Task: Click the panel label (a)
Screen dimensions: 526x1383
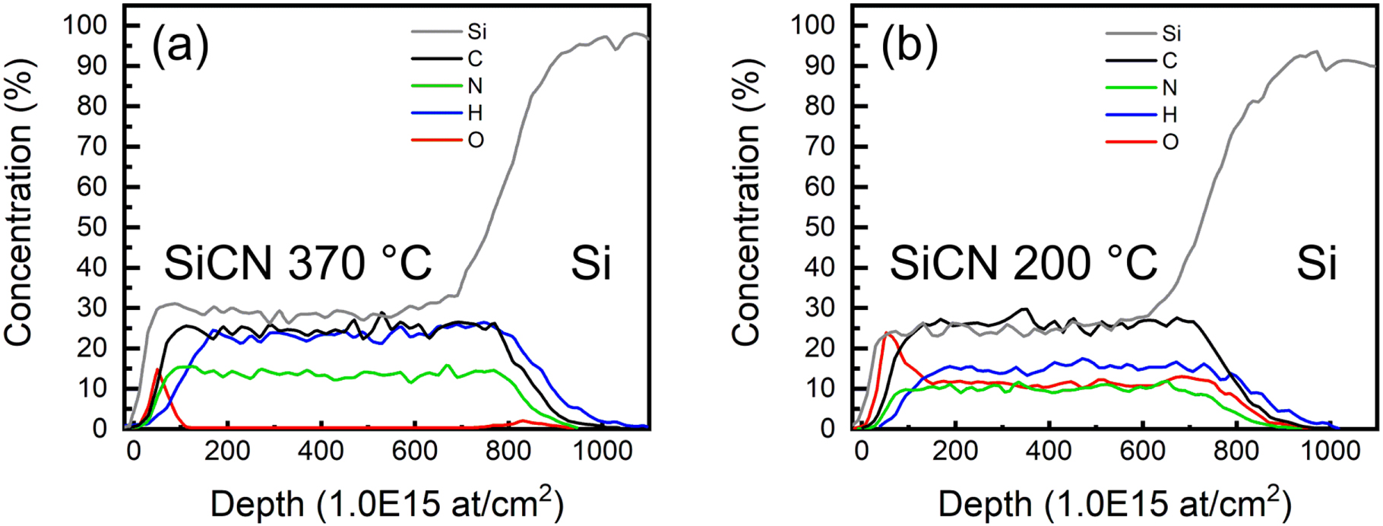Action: coord(180,46)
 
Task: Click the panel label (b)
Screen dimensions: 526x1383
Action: coord(910,46)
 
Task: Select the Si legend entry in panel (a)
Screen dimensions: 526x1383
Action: coord(476,32)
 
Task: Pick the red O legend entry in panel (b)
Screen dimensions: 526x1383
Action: coord(1170,142)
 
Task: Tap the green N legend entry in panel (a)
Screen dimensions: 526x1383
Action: coord(475,86)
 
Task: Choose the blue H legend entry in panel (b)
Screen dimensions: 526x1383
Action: coord(1169,115)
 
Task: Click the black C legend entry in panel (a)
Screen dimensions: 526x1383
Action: coord(475,59)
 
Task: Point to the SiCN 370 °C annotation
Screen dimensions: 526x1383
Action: coord(297,264)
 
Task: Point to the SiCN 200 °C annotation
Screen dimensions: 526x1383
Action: coord(1023,264)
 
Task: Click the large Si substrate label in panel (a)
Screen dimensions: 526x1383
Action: coord(590,264)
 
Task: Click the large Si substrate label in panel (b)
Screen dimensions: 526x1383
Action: coord(1316,264)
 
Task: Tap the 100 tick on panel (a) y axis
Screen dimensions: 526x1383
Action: coord(85,25)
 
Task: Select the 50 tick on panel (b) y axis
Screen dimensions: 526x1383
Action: coord(819,227)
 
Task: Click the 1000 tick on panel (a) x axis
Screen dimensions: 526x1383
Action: coord(601,451)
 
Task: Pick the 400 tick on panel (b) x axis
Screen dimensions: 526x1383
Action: coord(1049,451)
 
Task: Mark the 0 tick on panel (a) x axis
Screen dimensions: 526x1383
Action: coord(134,451)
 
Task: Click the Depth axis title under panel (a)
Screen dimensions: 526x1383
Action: coord(386,503)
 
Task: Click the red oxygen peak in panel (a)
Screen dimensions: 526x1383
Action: coord(157,370)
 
